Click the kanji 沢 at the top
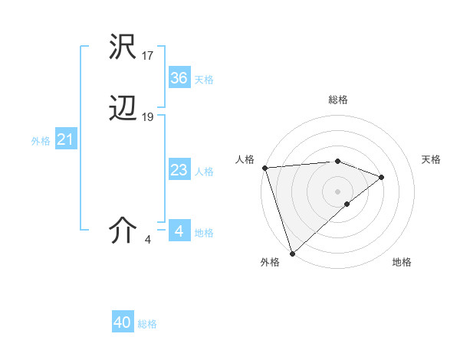[123, 47]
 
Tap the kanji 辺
[123, 110]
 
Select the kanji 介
[123, 230]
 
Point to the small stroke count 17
[148, 55]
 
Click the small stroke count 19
[148, 117]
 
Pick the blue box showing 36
[179, 78]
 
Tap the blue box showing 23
[179, 170]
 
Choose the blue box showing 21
[65, 140]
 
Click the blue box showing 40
[123, 322]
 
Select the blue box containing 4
[179, 231]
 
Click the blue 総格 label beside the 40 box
[147, 324]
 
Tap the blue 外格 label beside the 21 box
[41, 141]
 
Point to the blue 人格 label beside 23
[204, 172]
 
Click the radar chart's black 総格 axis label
[338, 100]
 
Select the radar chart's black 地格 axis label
[402, 263]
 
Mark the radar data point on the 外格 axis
[292, 252]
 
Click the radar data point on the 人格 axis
[264, 168]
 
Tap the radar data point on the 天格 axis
[382, 177]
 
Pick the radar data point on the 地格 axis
[347, 204]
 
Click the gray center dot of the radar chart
[338, 191]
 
